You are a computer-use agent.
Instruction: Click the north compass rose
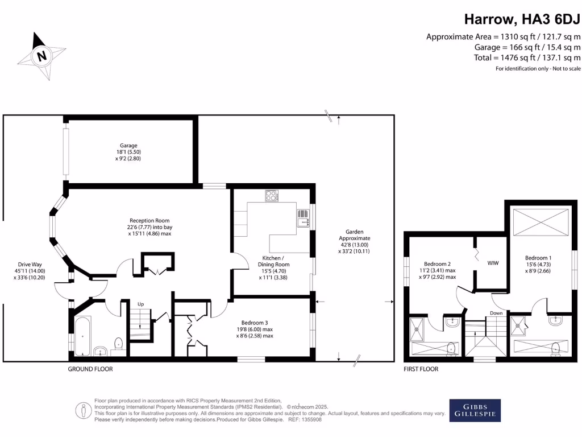tap(40, 55)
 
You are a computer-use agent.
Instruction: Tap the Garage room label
tap(128, 149)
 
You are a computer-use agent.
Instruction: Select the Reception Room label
tap(149, 227)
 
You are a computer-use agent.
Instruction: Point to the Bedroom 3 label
tap(254, 329)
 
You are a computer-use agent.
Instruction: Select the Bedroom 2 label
tap(437, 270)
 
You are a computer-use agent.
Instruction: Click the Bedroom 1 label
tap(538, 264)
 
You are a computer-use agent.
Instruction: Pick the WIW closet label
tap(492, 263)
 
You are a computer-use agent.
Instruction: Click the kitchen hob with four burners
tap(271, 196)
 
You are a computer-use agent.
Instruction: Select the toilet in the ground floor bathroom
tap(118, 344)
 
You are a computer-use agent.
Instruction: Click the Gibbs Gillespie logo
tap(475, 410)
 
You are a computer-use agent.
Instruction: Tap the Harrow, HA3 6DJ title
tap(522, 19)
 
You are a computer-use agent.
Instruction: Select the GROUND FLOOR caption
tap(90, 369)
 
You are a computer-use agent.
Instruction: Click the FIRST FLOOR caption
tap(421, 369)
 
